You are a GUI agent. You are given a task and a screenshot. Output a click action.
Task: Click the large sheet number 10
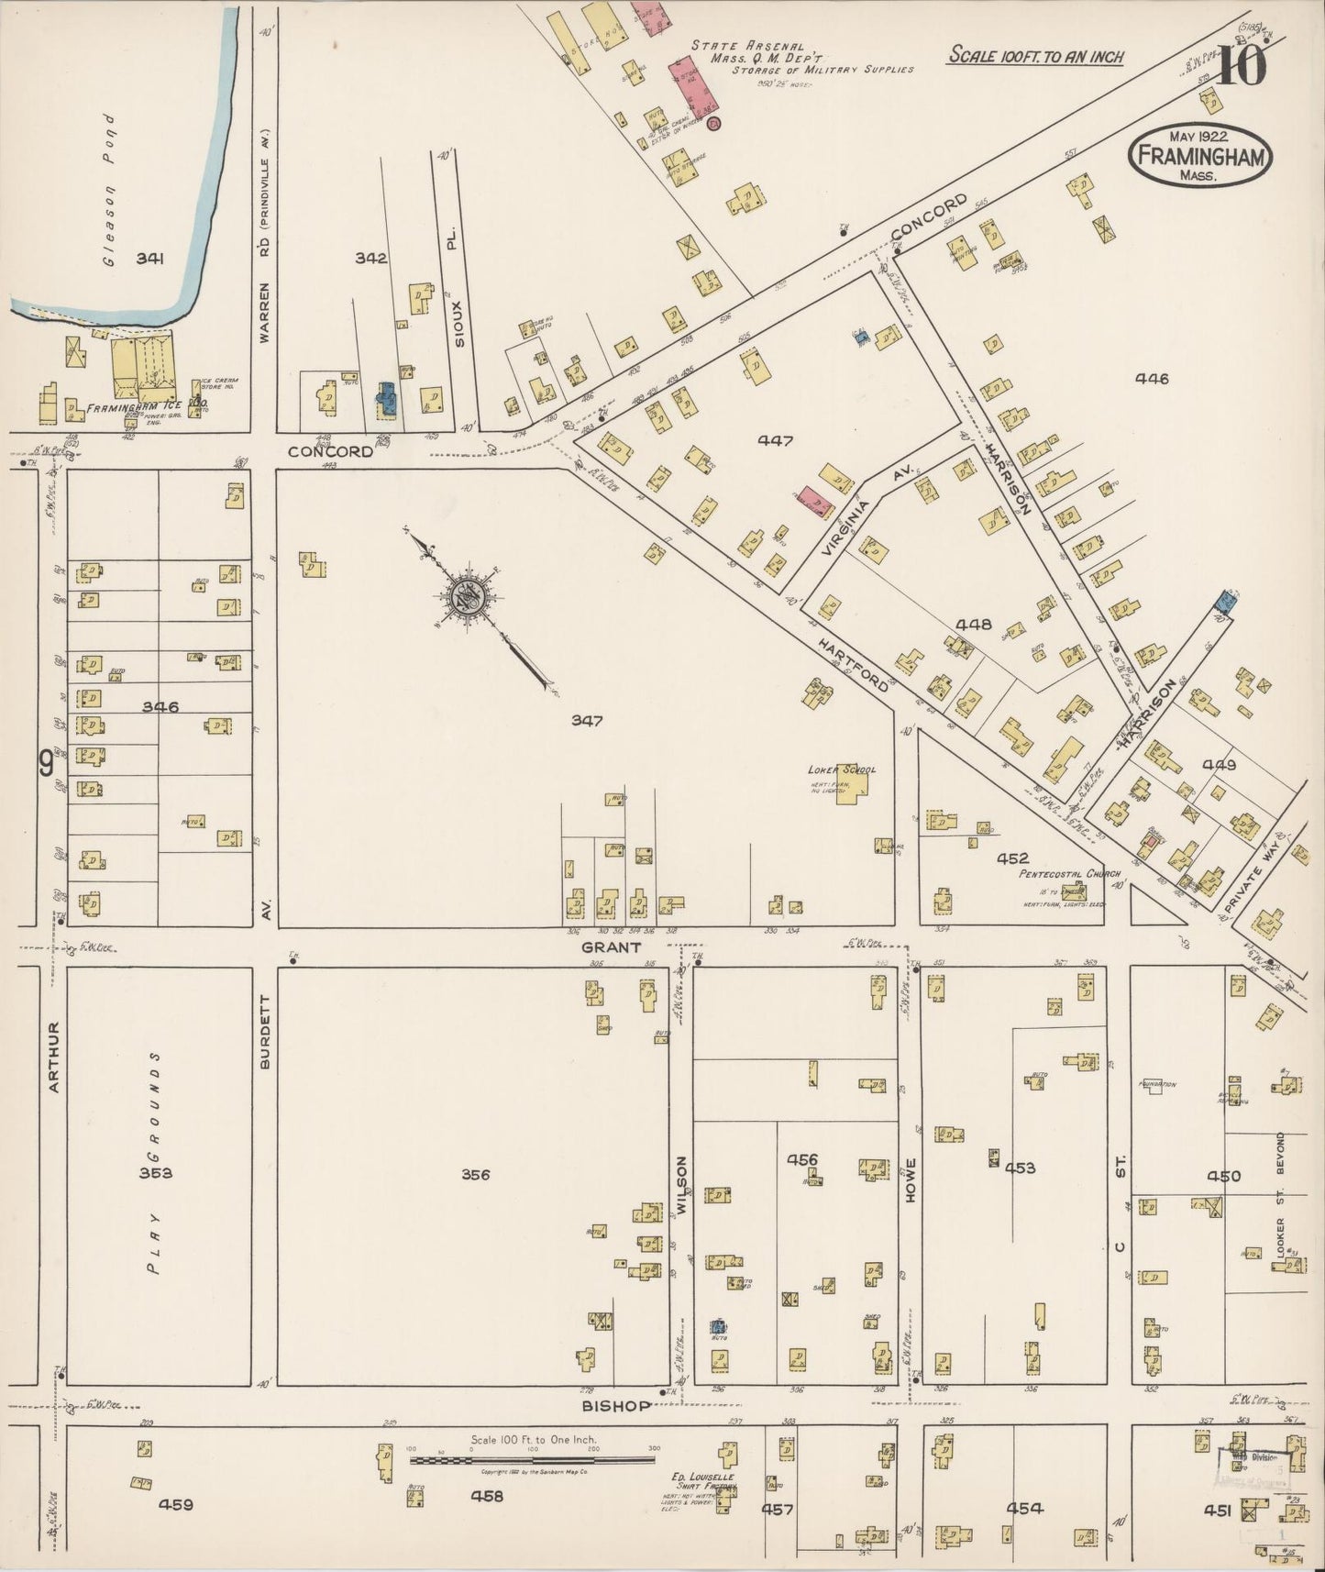[1242, 66]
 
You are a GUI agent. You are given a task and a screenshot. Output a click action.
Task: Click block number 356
[475, 1174]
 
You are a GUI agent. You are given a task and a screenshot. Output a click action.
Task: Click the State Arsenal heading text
[747, 45]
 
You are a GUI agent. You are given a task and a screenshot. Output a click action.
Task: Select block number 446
[1152, 378]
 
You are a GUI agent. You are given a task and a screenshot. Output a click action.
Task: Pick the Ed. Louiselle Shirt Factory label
[704, 1483]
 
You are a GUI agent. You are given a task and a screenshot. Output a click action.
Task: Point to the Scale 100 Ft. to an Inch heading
[1036, 56]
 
